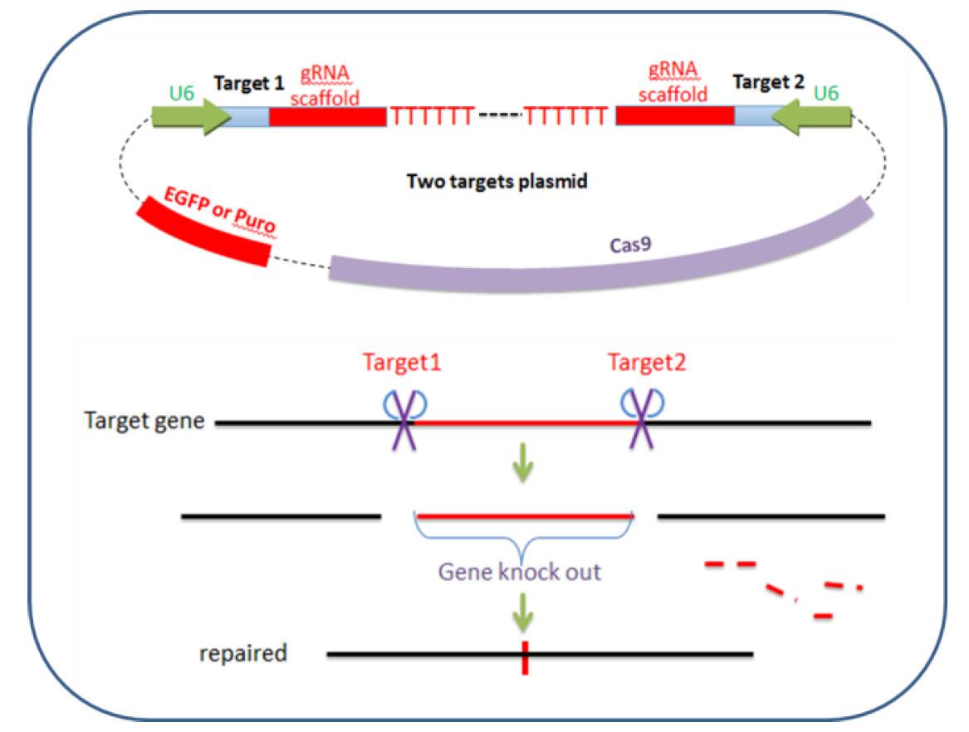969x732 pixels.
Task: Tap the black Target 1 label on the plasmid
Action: tap(248, 83)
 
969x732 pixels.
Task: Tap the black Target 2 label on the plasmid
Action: tap(768, 82)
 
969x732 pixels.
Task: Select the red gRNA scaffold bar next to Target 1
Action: tap(327, 116)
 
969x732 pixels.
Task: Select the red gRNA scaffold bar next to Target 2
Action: tap(675, 115)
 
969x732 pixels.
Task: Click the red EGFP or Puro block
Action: tap(204, 231)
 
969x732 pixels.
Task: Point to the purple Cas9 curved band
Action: tap(600, 260)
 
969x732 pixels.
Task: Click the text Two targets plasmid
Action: tap(497, 182)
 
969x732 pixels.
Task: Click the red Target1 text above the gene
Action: tap(402, 363)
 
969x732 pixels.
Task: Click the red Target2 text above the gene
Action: tap(646, 363)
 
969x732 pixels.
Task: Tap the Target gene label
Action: tap(144, 422)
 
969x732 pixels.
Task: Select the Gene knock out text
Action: tap(519, 572)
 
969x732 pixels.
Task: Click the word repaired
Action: tap(242, 653)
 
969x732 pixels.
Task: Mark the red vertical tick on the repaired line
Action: tap(525, 657)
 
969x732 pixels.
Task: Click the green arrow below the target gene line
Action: tap(523, 462)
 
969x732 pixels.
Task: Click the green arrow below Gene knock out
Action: tap(523, 612)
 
